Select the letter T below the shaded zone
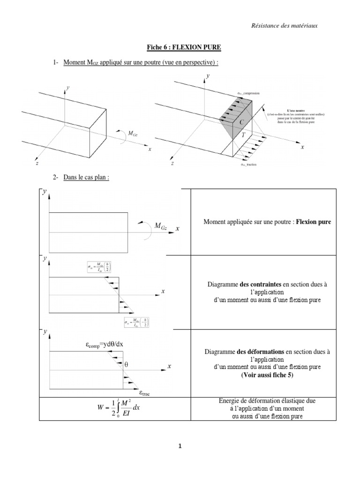point(243,135)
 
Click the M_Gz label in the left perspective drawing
point(133,134)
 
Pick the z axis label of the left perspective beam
point(37,164)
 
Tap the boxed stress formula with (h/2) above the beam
point(99,267)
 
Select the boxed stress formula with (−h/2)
point(137,323)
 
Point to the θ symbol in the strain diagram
point(126,364)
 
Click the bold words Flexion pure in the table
point(314,222)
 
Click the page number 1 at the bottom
point(180,446)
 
